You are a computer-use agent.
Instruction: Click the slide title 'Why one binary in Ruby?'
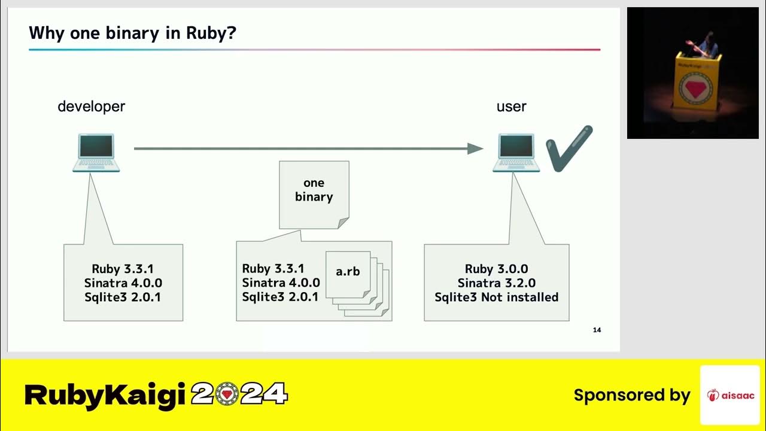132,33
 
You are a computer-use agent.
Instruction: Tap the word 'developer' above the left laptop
91,107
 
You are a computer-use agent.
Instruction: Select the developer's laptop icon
96,153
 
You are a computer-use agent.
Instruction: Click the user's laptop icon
516,153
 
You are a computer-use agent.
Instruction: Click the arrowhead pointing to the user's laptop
476,148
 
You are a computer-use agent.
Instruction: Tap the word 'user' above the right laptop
511,107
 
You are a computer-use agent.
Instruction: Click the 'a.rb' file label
348,271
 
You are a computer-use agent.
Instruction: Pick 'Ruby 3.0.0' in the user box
496,269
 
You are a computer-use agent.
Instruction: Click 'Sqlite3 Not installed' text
496,297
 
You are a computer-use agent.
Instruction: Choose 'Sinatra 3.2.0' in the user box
496,283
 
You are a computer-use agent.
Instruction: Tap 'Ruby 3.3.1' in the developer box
123,269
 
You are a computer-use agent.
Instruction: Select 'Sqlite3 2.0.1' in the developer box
123,297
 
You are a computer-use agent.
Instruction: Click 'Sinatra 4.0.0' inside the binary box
281,283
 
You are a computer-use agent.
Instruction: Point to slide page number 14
597,330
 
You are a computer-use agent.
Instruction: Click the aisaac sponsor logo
730,395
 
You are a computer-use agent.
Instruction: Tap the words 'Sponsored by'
632,395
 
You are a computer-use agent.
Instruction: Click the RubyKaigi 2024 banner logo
156,395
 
